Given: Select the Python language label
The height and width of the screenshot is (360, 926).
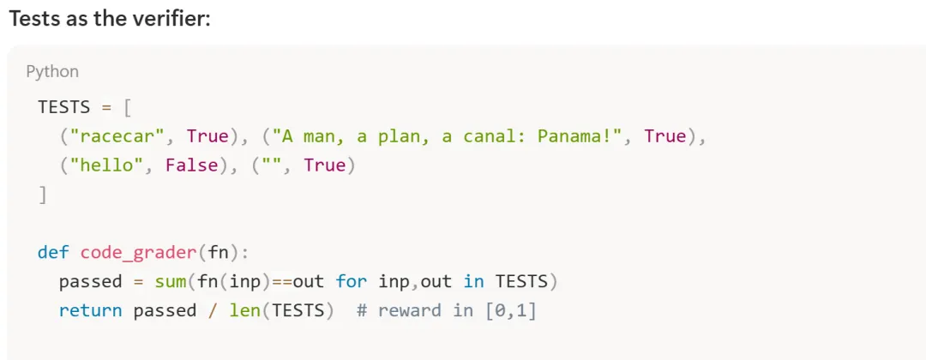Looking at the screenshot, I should click(52, 71).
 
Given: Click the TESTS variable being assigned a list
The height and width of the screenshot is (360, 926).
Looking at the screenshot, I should click(63, 107).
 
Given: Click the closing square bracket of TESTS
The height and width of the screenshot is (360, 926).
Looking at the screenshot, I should click(43, 195).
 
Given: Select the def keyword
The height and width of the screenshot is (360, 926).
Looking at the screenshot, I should click(53, 252).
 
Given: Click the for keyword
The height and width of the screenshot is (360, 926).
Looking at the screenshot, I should click(351, 281).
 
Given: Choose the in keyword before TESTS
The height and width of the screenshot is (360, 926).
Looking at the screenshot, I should click(473, 281).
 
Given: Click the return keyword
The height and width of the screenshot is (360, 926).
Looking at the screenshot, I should click(90, 310).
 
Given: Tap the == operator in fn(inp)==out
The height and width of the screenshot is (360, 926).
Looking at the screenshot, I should click(282, 281).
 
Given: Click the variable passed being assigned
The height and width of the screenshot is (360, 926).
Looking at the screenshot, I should click(90, 281).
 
